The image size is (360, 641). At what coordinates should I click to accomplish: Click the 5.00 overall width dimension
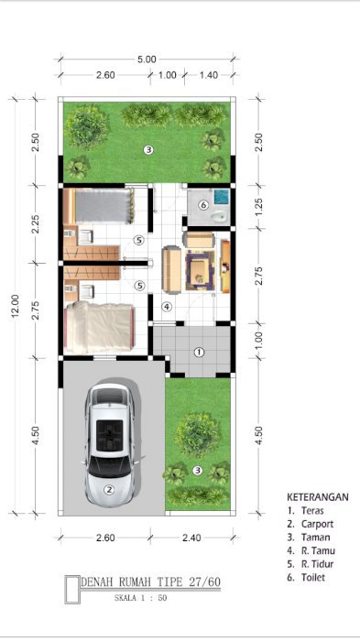pos(147,60)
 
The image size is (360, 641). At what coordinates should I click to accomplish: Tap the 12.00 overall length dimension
pos(16,306)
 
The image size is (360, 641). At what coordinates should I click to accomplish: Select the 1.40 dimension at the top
pos(209,75)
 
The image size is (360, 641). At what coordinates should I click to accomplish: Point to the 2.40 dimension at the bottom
pos(191,538)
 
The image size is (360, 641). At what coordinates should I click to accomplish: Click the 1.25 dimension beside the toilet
pos(258,207)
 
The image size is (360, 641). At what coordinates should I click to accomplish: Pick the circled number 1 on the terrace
pos(199,352)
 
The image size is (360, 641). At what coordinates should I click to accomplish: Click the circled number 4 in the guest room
pos(167,306)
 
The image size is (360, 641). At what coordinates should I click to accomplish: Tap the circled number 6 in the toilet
pos(203,205)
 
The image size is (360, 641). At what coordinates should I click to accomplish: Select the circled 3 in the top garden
pos(148,150)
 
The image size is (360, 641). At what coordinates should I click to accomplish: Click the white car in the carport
pos(110,444)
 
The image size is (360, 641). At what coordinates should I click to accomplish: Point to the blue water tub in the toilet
pos(222,197)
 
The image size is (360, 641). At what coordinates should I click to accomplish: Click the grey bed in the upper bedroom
pos(104,206)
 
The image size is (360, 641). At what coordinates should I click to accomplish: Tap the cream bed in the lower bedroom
pos(99,328)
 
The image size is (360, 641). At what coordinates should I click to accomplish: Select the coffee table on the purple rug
pos(200,270)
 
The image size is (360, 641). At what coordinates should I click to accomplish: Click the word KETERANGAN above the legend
pos(318,497)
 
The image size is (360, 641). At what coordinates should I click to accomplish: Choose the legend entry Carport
pos(318,524)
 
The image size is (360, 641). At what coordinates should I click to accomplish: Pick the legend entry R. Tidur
pos(318,564)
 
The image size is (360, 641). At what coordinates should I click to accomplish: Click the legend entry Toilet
pos(313,578)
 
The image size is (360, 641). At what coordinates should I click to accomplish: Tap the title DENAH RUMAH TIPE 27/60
pos(150,581)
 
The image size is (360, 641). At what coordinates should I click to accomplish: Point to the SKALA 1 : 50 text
pos(140,598)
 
